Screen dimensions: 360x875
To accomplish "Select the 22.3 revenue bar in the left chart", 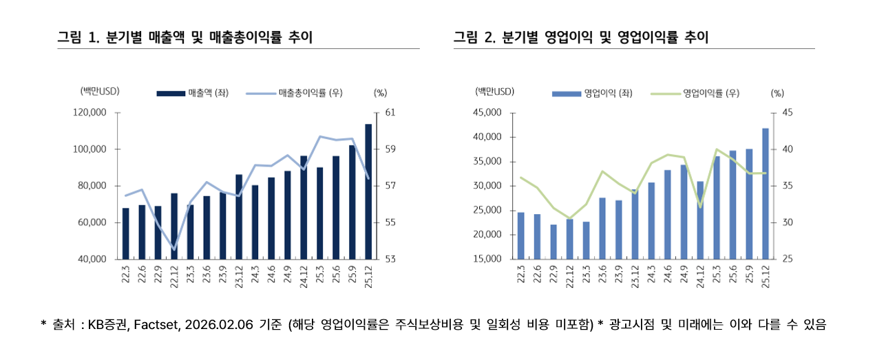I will tap(125, 233).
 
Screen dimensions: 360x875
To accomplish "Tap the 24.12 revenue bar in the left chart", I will tap(304, 207).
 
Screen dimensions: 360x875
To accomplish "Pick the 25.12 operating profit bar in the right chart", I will tap(765, 193).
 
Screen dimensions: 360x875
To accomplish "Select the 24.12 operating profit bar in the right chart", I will tap(700, 220).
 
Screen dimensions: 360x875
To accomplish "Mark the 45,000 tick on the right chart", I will tap(487, 112).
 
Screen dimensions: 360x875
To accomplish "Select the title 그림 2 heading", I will tap(580, 37).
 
